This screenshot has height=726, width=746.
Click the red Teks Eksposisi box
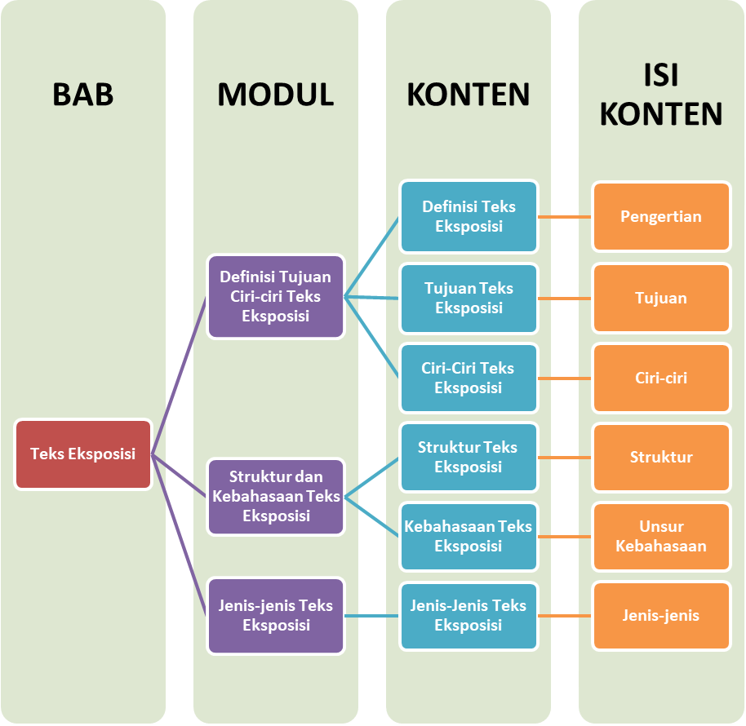(83, 454)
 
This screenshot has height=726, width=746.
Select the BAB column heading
(83, 95)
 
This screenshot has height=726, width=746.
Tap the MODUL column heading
(276, 95)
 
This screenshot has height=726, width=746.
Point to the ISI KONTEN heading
(661, 95)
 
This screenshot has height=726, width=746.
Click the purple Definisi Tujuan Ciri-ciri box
(276, 296)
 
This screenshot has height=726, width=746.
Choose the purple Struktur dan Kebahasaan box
(276, 496)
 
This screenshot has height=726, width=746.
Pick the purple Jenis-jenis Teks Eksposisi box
(276, 615)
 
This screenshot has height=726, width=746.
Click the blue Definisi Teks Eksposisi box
(468, 216)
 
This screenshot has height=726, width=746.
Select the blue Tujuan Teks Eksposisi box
(468, 298)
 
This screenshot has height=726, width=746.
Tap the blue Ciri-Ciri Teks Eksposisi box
(468, 378)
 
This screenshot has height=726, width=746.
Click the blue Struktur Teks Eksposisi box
(468, 457)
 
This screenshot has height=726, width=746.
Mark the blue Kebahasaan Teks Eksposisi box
(468, 536)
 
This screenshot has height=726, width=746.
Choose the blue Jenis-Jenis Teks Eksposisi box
(468, 615)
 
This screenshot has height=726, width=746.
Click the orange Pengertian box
(661, 216)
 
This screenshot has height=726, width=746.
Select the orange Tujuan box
(661, 298)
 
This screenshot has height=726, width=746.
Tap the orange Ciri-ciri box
(661, 378)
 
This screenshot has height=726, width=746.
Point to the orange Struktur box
(661, 457)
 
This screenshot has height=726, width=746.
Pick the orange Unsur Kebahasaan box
(661, 536)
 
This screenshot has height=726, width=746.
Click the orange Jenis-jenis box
(661, 615)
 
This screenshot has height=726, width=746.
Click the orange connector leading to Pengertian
(565, 217)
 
